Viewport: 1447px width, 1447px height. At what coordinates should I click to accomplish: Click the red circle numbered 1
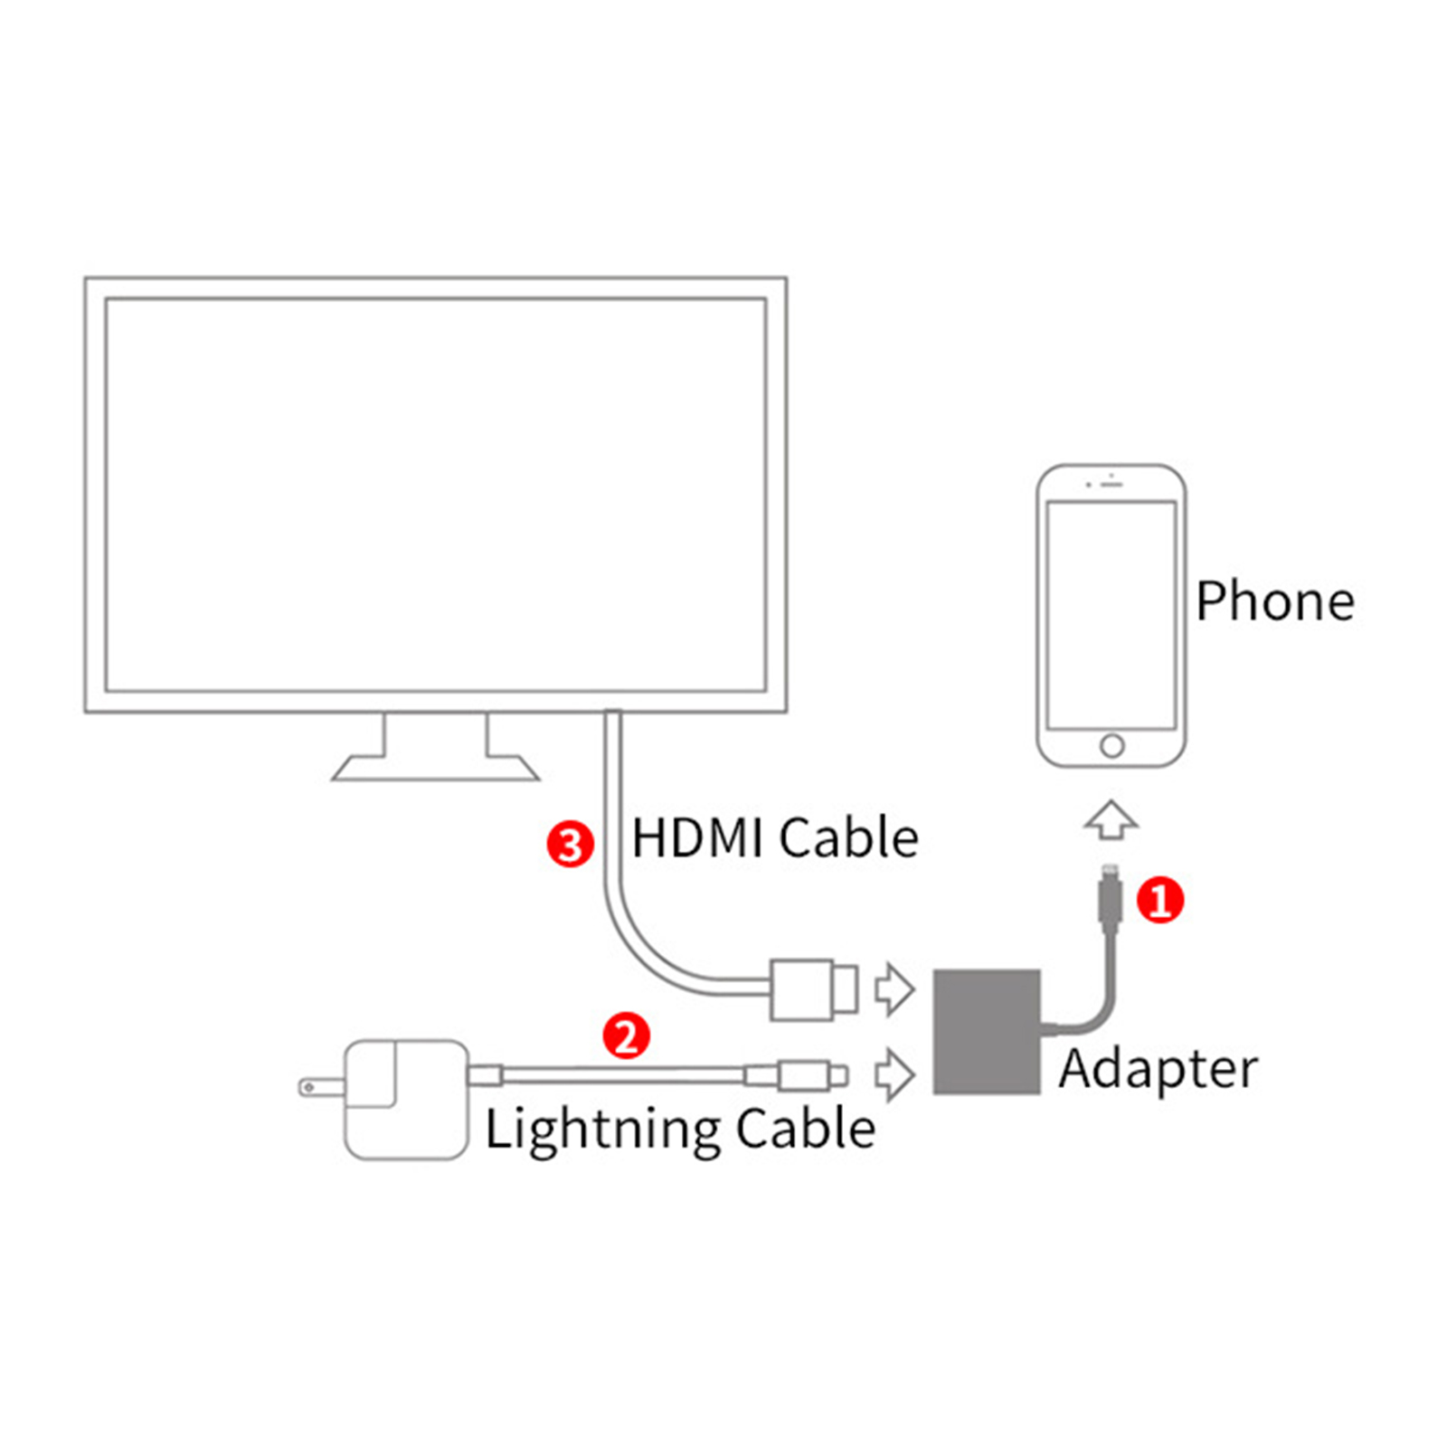coord(1159,900)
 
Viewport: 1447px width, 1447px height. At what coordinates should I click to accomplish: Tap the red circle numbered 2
coord(626,1036)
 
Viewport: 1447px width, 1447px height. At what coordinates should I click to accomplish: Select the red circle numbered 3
coord(570,845)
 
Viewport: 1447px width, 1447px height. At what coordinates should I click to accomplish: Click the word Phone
coord(1274,601)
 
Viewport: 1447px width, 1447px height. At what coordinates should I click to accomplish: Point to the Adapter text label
coord(1158,1070)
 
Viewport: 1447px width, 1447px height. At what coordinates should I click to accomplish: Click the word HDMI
coord(696,838)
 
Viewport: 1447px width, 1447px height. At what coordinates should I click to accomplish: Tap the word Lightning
coord(601,1130)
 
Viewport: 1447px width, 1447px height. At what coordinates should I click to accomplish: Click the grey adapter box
coord(987,1032)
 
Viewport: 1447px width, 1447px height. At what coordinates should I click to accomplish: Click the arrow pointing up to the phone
coord(1111,819)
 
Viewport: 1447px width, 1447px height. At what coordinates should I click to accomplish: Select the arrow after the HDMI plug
coord(894,988)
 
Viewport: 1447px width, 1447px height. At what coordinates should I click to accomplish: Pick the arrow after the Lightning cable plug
coord(894,1074)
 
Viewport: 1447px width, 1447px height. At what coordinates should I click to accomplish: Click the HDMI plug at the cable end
coord(813,989)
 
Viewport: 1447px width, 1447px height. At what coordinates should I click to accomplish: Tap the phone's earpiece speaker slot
coord(1111,485)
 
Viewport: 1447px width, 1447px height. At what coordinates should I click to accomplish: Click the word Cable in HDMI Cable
coord(847,838)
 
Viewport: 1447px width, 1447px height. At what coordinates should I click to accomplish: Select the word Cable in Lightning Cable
coord(805,1130)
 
